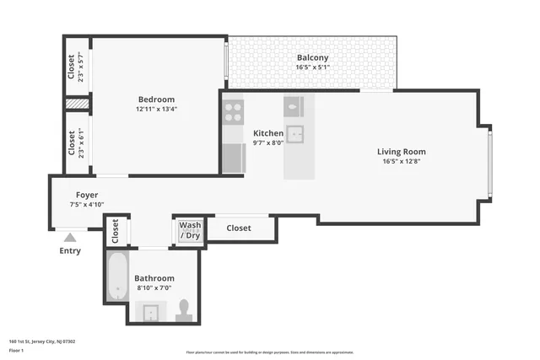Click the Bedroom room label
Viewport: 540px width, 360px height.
157,99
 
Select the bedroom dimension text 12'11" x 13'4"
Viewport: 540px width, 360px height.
157,109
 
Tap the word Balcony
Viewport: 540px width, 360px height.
311,57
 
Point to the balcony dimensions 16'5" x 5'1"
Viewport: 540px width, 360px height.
311,67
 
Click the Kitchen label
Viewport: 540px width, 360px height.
268,133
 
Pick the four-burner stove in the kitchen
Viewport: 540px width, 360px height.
234,112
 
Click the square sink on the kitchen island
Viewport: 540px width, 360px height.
295,134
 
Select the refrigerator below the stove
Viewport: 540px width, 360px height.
234,158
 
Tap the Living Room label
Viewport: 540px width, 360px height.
401,152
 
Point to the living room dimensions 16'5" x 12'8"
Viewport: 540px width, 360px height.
401,162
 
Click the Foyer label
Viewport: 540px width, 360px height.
87,195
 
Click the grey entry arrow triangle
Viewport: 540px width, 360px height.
70,238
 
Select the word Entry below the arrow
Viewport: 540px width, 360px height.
70,251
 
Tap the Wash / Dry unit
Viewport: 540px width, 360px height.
190,229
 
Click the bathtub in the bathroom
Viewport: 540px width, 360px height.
116,277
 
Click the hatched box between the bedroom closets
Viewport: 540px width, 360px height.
78,105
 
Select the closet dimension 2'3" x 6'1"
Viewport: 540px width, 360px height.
82,143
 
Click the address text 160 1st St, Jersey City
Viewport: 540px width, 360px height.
42,341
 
